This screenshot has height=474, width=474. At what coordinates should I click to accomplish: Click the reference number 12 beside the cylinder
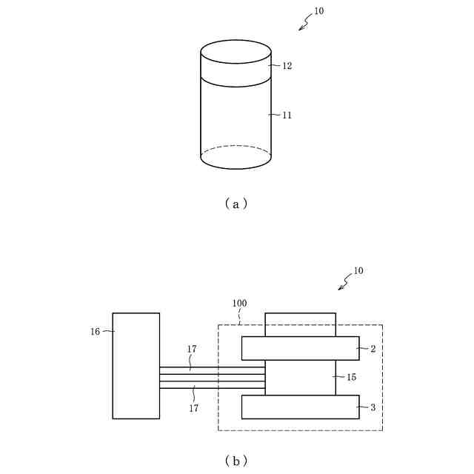pos(287,66)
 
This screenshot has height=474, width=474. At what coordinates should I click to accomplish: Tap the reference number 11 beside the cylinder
pos(287,116)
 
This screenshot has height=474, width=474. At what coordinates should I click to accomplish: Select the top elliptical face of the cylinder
pos(236,53)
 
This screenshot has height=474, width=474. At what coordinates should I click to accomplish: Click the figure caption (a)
pos(236,204)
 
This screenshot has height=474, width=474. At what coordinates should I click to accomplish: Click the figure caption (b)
pos(236,461)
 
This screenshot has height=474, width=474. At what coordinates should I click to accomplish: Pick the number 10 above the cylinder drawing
pos(318,12)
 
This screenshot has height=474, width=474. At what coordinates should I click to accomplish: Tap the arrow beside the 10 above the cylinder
pos(304,24)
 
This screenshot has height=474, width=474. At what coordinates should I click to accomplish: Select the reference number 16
pos(96,332)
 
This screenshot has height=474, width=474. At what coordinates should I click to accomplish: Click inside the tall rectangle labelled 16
pos(136,366)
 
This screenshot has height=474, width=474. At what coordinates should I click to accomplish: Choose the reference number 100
pos(239,304)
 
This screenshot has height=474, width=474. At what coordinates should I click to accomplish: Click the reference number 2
pos(373,348)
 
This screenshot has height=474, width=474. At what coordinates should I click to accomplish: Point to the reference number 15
pos(351,378)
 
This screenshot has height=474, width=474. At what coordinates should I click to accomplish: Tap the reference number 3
pos(373,407)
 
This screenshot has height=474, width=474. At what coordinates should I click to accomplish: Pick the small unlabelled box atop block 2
pos(300,324)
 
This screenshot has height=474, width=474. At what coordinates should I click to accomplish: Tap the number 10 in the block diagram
pos(358,271)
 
